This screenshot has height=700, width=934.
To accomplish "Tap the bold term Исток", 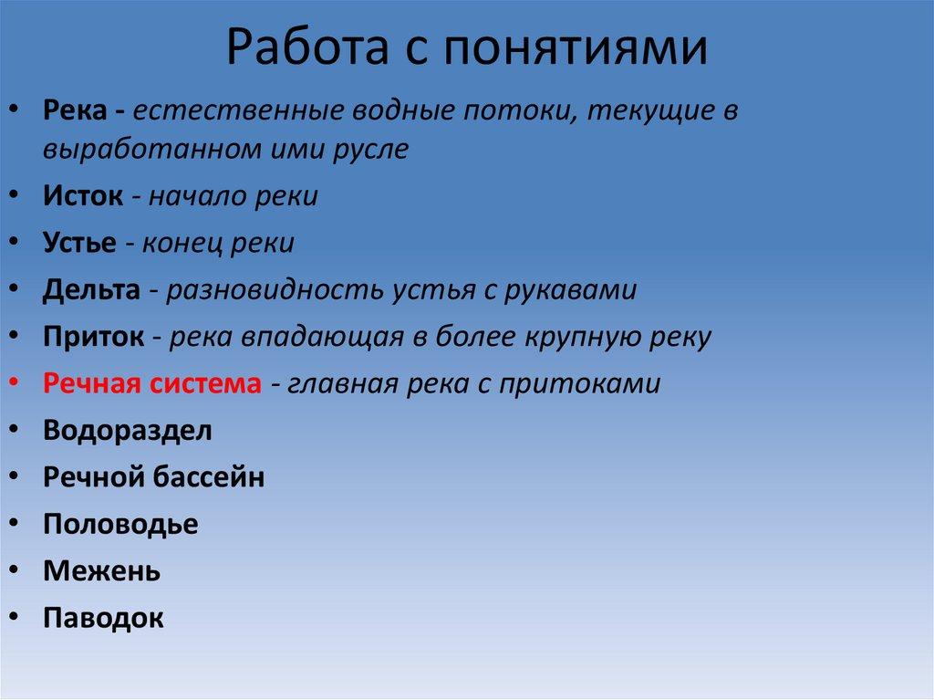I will pos(82,196).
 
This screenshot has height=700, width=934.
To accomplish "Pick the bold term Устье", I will pos(79,243).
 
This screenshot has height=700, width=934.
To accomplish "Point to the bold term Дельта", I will pos(91,289).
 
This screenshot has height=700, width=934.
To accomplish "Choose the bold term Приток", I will pos(93,337).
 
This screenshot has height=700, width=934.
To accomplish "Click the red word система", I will pos(202,383).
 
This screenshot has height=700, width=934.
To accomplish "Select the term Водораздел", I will pos(127,430).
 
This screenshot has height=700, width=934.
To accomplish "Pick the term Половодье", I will pos(119,524).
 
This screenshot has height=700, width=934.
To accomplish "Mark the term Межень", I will pos(101,571).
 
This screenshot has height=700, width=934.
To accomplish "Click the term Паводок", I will pos(103,618).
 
